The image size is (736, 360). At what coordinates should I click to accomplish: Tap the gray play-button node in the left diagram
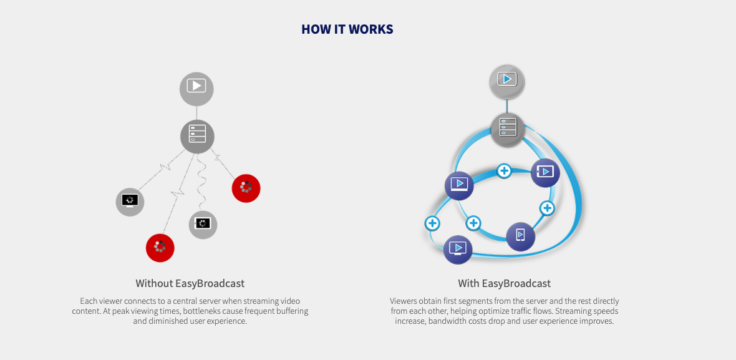(x=196, y=88)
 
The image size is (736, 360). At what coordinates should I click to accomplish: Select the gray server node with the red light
(x=197, y=136)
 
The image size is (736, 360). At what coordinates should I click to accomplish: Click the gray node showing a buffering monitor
(x=130, y=202)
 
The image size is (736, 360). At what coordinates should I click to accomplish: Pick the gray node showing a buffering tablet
(x=203, y=225)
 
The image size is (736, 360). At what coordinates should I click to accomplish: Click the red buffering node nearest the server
(x=246, y=188)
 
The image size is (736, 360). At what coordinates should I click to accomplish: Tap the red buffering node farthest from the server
(x=160, y=248)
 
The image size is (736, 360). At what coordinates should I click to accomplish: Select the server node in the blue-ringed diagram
(x=508, y=129)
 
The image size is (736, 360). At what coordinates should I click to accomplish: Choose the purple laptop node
(x=459, y=185)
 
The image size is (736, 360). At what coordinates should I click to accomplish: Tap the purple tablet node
(x=545, y=173)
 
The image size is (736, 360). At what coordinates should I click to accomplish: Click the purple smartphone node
(x=521, y=236)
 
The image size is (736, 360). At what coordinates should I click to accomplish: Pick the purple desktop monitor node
(x=458, y=249)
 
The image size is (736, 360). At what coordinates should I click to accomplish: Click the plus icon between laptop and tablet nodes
(x=504, y=171)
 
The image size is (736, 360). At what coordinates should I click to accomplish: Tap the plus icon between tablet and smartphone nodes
(x=547, y=208)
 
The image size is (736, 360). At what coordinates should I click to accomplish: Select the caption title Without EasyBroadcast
(x=190, y=283)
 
